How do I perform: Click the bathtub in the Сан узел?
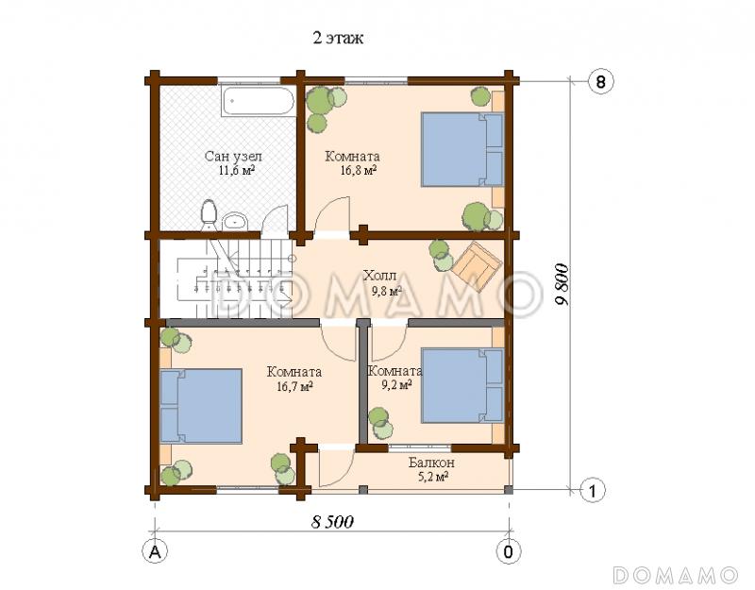point(258,101)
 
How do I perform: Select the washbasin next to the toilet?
point(234,222)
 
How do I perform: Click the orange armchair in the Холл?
point(477,265)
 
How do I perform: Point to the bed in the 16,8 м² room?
point(462,149)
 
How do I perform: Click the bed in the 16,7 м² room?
point(201,406)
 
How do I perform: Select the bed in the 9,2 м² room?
point(462,386)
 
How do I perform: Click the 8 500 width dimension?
point(332,522)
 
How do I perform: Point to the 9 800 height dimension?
point(562,284)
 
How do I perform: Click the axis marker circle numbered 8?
point(601,81)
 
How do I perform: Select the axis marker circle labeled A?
point(155,551)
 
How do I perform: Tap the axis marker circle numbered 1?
point(593,491)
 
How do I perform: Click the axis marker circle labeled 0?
point(509,551)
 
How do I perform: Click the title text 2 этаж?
point(338,38)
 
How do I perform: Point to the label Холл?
point(380,276)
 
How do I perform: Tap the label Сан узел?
point(233,156)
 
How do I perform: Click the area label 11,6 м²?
point(237,170)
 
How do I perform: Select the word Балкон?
point(431,463)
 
